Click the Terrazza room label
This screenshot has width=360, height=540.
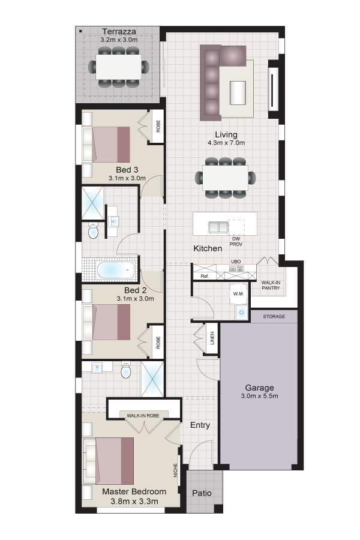(119, 32)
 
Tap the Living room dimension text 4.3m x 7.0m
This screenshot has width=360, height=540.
(226, 143)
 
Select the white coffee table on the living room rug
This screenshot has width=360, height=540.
(238, 92)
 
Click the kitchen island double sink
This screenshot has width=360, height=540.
(218, 227)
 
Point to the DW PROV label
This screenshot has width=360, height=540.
(236, 241)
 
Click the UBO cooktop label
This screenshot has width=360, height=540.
(236, 262)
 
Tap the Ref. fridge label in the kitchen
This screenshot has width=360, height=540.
(205, 276)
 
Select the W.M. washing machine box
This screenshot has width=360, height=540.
(238, 294)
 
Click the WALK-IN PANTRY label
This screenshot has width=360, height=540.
(271, 285)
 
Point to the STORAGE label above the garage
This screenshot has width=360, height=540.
(274, 316)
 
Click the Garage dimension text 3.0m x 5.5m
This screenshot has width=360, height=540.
(259, 396)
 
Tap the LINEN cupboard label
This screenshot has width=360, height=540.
(212, 338)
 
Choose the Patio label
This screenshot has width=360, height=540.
(202, 493)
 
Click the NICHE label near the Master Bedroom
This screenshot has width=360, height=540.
(175, 470)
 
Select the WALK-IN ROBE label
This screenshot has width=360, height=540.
(143, 416)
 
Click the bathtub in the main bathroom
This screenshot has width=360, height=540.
(116, 270)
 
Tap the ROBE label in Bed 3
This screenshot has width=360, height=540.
(158, 126)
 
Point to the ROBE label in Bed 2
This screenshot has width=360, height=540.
(158, 343)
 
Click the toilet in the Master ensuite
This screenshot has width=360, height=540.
(126, 370)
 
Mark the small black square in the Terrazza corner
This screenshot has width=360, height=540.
(80, 31)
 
